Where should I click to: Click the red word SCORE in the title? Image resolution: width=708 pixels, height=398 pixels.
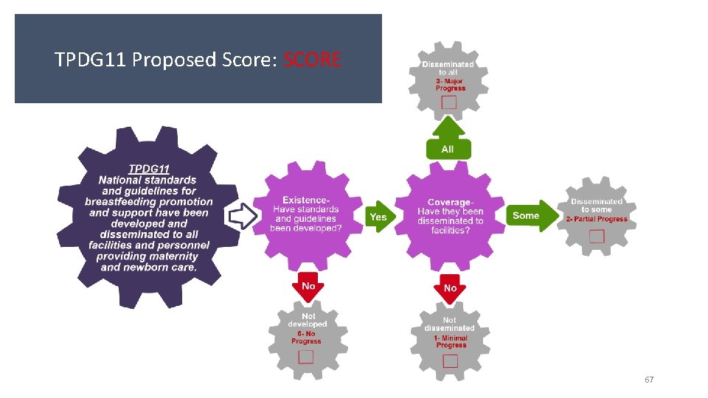pos(312,60)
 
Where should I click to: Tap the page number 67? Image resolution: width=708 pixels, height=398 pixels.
pos(649,380)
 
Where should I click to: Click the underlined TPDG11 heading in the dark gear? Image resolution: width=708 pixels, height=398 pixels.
pos(149,169)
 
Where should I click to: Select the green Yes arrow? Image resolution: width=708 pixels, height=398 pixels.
pos(379,217)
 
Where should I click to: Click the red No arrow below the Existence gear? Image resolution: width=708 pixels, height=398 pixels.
pos(308,286)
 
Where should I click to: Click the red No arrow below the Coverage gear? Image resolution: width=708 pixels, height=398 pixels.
pos(450,287)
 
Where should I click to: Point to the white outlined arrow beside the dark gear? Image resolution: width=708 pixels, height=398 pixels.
pos(242,216)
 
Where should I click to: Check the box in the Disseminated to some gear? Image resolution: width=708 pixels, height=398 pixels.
pos(597,236)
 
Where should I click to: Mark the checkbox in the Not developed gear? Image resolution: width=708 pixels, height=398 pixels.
pos(305,357)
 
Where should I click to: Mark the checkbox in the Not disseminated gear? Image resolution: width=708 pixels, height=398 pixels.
pos(450,360)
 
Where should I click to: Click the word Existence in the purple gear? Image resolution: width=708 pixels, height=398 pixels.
pos(306,200)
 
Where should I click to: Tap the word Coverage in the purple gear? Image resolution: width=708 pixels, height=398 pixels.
pos(449,203)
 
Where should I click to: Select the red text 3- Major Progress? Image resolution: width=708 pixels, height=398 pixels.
pos(450,85)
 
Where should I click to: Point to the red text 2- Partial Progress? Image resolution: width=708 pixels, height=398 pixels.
pos(597,219)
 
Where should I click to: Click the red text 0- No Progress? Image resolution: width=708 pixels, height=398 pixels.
pos(306,338)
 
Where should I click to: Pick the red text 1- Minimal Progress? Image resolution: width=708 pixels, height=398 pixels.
pos(451,341)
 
